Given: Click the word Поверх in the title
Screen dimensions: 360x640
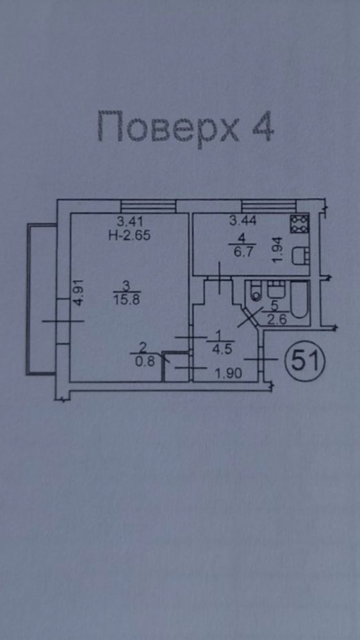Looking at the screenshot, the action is [x=168, y=127].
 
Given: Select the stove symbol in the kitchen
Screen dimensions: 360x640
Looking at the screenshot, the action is [x=299, y=224].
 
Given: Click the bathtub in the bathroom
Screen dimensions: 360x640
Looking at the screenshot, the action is [x=300, y=300].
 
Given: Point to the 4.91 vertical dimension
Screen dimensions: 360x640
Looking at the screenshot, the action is [x=78, y=292].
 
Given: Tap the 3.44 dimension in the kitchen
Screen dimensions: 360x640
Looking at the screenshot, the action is [x=242, y=221].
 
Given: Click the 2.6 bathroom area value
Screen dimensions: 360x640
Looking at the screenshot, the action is [x=277, y=319].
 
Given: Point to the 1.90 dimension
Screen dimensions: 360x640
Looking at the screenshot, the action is [x=229, y=373].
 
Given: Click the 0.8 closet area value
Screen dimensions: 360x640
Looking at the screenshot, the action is [x=145, y=361].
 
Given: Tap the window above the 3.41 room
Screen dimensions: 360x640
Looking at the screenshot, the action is [x=148, y=206].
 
